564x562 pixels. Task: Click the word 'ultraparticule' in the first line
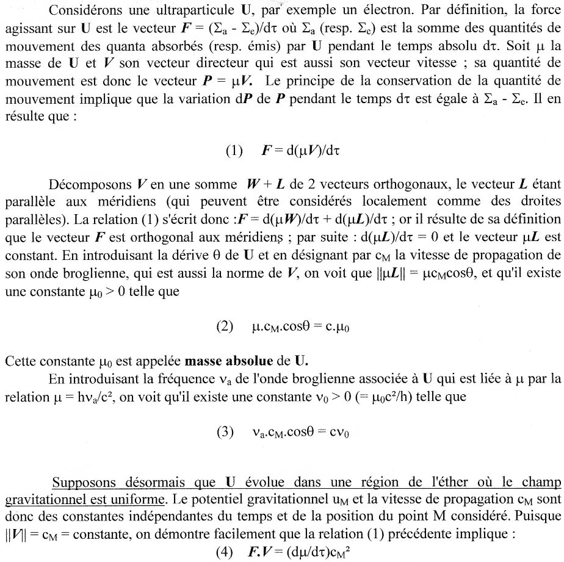coord(195,10)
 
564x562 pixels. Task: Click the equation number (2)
coord(225,326)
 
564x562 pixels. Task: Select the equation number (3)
coord(225,433)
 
